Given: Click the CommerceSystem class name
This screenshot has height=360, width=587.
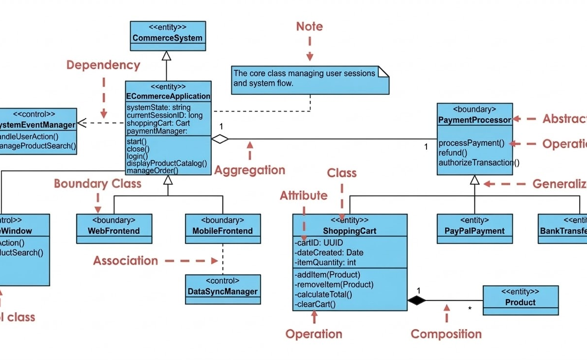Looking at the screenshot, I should coord(167,38).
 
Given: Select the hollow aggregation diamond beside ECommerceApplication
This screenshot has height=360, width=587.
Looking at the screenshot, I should coord(220,139).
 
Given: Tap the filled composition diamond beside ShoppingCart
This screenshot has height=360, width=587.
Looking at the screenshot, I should coord(417,301).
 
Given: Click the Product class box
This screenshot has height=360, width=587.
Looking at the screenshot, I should coord(520,300).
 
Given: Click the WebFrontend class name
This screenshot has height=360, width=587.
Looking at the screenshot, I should coord(113,231).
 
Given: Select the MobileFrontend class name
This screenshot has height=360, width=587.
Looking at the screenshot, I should coord(223,231).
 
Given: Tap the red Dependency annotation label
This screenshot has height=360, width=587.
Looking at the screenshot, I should coord(103,65).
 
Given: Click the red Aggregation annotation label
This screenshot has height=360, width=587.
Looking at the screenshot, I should coord(249,170).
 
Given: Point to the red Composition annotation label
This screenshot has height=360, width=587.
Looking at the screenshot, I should coord(446,334).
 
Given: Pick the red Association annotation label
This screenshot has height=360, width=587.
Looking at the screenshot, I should coord(126,261).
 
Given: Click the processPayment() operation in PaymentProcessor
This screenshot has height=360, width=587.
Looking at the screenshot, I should coord(471,143).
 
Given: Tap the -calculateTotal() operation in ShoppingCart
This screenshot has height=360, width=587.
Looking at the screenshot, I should coord(323,294).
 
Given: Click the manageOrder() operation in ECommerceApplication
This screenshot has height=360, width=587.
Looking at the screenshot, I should coord(152,171).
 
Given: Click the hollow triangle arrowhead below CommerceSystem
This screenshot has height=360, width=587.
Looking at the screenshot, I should coord(167,56).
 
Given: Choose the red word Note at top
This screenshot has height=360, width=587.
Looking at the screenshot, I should coord(309,26).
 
